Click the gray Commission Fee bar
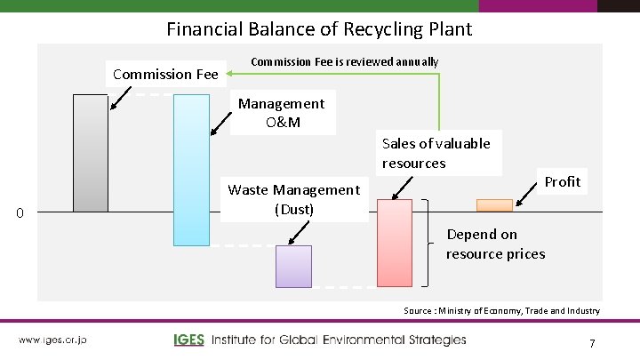click(x=90, y=153)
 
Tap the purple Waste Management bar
click(x=293, y=266)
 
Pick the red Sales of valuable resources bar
click(x=395, y=243)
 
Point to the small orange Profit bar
click(x=495, y=205)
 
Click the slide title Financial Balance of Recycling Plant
click(x=319, y=28)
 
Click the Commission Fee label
click(x=166, y=74)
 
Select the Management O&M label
click(x=282, y=112)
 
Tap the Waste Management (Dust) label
click(x=294, y=199)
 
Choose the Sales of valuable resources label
click(x=436, y=152)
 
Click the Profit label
click(x=563, y=181)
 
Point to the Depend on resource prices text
click(x=496, y=244)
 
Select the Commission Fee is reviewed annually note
click(x=345, y=61)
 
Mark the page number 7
click(x=591, y=342)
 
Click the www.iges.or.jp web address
click(x=52, y=340)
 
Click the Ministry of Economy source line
click(x=501, y=310)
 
